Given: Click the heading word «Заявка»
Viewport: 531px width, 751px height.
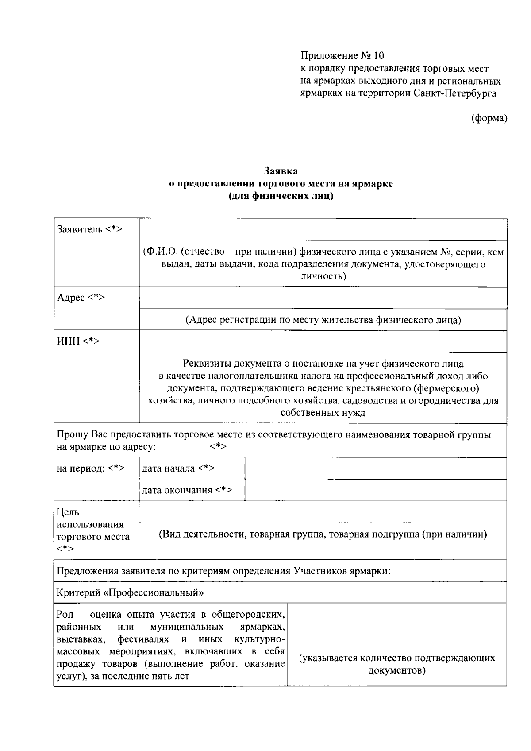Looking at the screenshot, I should click(x=281, y=171).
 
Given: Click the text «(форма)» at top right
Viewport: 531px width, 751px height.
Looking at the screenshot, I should click(x=489, y=118).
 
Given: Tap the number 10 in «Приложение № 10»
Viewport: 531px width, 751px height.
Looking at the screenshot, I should click(x=379, y=56).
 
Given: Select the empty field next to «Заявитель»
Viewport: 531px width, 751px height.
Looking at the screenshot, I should click(x=323, y=229).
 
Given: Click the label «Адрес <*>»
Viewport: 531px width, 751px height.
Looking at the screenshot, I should click(x=81, y=298).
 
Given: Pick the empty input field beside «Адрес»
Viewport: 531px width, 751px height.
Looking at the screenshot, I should click(x=323, y=298).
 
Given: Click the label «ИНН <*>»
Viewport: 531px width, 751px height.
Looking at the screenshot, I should click(x=78, y=341).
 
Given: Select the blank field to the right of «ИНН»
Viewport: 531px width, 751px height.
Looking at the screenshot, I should click(x=323, y=341).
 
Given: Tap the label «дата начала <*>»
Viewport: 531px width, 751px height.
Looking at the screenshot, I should click(x=178, y=468).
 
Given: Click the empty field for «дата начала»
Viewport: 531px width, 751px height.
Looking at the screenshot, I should click(x=375, y=468).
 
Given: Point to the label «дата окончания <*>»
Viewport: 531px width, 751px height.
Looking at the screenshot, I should click(x=187, y=490).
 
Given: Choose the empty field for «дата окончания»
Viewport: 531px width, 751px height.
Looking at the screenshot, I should click(x=375, y=490).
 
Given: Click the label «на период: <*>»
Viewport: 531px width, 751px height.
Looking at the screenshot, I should click(x=91, y=468).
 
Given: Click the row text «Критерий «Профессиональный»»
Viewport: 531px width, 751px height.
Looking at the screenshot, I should click(x=130, y=592).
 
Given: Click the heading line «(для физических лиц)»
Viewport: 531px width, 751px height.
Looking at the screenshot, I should click(x=281, y=196).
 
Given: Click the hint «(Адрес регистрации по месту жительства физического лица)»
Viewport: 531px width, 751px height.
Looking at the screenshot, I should click(x=323, y=320).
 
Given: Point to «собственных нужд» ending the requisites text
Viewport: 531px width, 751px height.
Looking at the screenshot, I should click(x=323, y=413).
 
